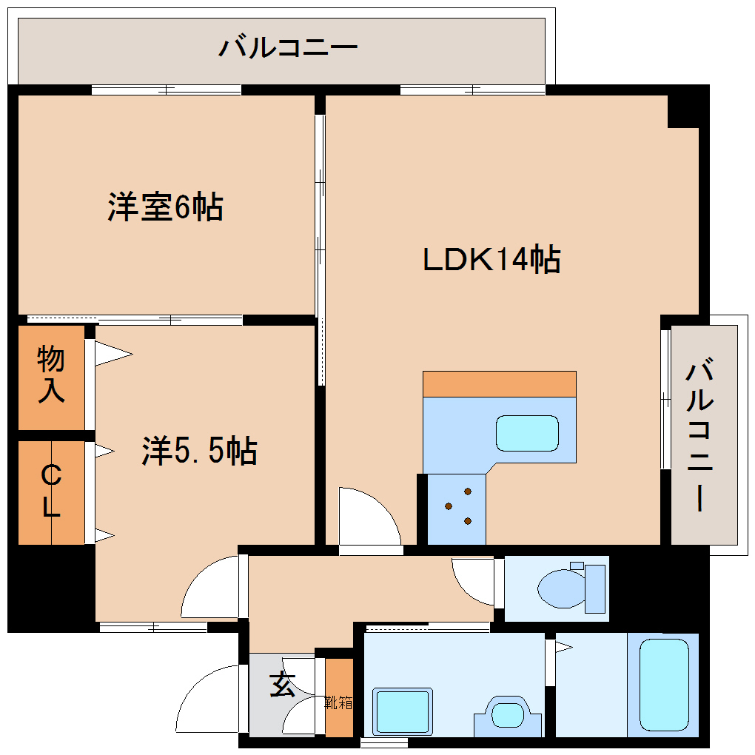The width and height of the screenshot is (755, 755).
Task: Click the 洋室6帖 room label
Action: [165, 207]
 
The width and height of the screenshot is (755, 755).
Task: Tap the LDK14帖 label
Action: [491, 260]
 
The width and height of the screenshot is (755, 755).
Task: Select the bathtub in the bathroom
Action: [663, 685]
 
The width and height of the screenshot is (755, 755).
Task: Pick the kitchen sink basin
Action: [527, 433]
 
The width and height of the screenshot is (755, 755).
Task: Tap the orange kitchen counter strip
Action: [499, 383]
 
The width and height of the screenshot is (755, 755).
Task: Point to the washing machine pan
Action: [402, 711]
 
